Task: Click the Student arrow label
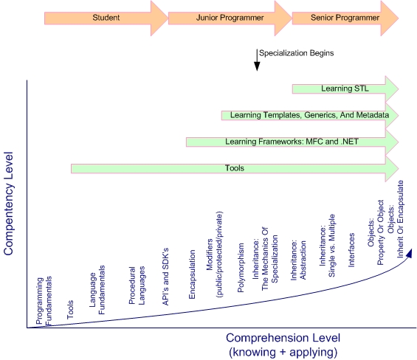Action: click(x=106, y=18)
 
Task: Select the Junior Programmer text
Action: click(x=230, y=18)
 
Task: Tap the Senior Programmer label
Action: click(x=345, y=18)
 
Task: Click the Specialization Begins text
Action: click(x=296, y=53)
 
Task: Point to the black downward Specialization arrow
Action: click(x=257, y=60)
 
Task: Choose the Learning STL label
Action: click(x=345, y=89)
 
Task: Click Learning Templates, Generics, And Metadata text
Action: click(x=309, y=115)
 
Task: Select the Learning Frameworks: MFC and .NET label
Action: click(x=292, y=142)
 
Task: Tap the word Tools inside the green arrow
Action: click(x=234, y=168)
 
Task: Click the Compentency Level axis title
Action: click(x=8, y=204)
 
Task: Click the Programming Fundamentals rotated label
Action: click(x=44, y=301)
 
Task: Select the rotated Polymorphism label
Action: click(x=241, y=268)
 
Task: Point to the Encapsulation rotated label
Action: click(x=192, y=274)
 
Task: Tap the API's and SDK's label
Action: click(x=165, y=277)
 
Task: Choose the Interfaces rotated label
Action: click(x=351, y=250)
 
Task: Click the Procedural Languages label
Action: click(x=137, y=285)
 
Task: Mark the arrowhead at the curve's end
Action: click(x=410, y=253)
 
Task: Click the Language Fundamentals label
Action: click(x=97, y=290)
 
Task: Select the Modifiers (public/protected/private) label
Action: click(x=214, y=255)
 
